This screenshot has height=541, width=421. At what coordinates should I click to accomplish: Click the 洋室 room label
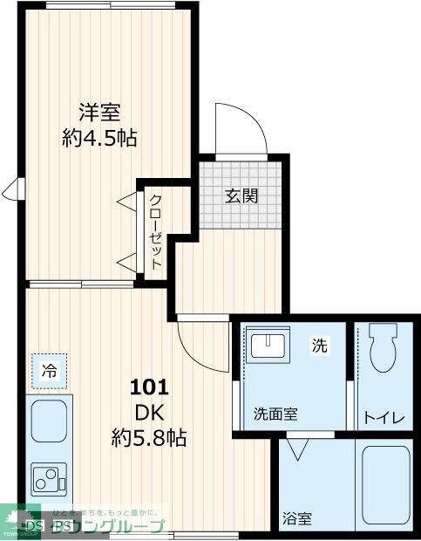pyautogui.click(x=99, y=113)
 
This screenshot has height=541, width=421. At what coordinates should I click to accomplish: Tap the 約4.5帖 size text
pyautogui.click(x=99, y=137)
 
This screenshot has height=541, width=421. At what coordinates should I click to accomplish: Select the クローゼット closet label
pyautogui.click(x=155, y=230)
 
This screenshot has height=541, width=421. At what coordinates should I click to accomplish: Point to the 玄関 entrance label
pyautogui.click(x=242, y=195)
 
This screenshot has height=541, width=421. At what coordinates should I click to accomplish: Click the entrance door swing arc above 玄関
pyautogui.click(x=241, y=128)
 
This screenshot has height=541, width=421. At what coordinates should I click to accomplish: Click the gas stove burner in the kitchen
pyautogui.click(x=49, y=477)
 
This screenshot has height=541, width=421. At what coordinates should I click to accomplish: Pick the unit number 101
pyautogui.click(x=149, y=386)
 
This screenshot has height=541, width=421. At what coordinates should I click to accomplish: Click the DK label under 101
pyautogui.click(x=149, y=410)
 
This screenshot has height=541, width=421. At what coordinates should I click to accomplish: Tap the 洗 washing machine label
pyautogui.click(x=320, y=346)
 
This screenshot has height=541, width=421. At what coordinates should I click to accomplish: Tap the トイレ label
pyautogui.click(x=384, y=417)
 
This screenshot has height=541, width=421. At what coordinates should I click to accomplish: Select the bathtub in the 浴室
pyautogui.click(x=385, y=487)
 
